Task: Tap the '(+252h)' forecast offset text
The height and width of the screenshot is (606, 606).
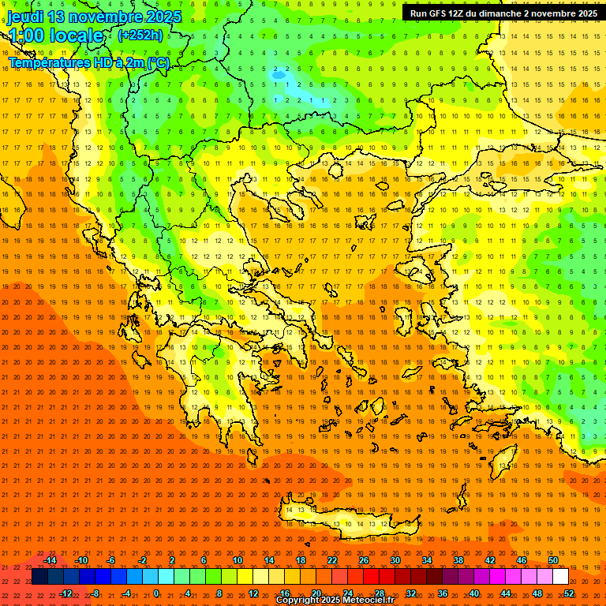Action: [140, 36]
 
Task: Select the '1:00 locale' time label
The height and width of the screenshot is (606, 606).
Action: [56, 36]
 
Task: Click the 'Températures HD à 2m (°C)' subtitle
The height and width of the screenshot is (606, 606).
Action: [89, 62]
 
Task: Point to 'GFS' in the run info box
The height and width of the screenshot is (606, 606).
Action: [440, 13]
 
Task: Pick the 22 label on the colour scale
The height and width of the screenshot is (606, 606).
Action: [332, 560]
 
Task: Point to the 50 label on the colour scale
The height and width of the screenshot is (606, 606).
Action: [553, 560]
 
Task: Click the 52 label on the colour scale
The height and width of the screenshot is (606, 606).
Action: [569, 593]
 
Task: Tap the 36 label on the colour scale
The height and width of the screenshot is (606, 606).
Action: [443, 593]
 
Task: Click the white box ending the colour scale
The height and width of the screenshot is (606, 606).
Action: [560, 577]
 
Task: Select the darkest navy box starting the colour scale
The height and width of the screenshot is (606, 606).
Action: [39, 577]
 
